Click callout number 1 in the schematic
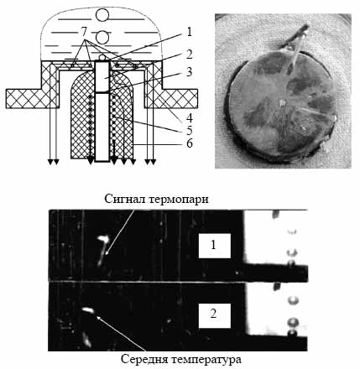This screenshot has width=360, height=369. [190, 32]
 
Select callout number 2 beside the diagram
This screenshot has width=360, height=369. [190, 55]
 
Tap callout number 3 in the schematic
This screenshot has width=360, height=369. [190, 72]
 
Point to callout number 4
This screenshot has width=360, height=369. [190, 117]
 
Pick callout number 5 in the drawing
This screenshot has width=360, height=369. [190, 130]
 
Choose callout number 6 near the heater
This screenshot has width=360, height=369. [190, 143]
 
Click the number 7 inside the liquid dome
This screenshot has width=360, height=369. [85, 32]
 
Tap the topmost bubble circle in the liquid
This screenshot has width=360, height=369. [102, 15]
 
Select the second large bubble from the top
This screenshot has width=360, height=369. [102, 37]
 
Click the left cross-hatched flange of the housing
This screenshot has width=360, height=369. [23, 98]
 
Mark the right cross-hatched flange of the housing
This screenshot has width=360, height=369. [180, 98]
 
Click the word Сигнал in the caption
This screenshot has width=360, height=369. [125, 200]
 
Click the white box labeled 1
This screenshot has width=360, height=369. [215, 246]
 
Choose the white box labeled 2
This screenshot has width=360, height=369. [215, 315]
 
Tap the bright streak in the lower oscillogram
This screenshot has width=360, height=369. [88, 309]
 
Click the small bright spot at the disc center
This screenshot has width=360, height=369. [282, 104]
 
